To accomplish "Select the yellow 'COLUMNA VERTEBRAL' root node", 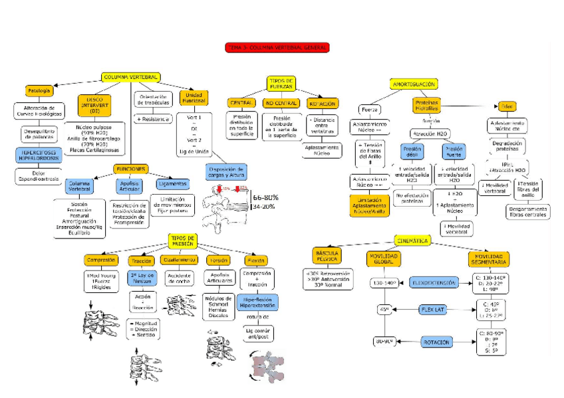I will click(x=130, y=78).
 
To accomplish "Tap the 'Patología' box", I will click(x=39, y=91).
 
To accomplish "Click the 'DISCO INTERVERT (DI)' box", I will click(x=94, y=105).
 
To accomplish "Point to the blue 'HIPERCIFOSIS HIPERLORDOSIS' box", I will click(x=40, y=155).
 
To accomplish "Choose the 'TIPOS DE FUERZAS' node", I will click(x=281, y=83).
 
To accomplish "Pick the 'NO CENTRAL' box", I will click(x=281, y=103).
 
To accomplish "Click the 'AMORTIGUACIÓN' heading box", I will click(x=414, y=84).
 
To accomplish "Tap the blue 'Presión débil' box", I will click(x=411, y=152).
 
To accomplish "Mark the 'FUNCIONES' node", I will click(x=130, y=169).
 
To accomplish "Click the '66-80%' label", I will click(x=265, y=197).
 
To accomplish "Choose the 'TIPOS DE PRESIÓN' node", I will click(x=182, y=241).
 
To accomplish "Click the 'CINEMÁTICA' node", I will click(x=414, y=240).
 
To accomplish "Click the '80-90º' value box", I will click(x=384, y=342).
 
